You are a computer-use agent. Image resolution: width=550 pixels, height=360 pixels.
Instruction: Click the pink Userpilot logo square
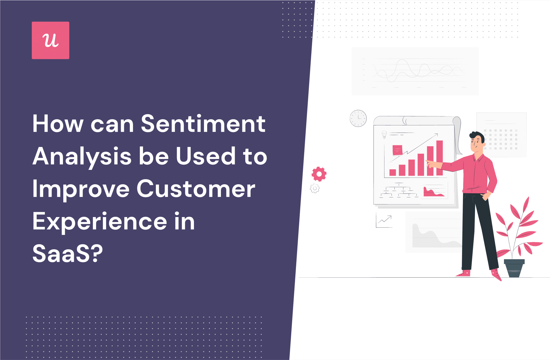coord(50,40)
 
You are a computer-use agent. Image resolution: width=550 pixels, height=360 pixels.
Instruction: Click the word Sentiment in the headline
coord(203,124)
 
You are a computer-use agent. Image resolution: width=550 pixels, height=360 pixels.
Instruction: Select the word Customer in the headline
coord(196,189)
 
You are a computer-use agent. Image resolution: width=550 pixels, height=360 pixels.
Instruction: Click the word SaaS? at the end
coord(68,253)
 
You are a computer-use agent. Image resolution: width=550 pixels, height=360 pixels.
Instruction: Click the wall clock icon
coord(358,118)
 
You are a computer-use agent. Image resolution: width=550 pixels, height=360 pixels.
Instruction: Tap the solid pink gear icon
coord(319,174)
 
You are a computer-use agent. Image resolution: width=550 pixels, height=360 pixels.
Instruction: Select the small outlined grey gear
coord(315,188)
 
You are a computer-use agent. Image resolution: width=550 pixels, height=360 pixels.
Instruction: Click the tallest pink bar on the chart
coord(440,158)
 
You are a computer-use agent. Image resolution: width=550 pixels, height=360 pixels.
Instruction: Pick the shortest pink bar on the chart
coord(393,172)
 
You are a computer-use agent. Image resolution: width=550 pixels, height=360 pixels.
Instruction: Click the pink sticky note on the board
coord(397,150)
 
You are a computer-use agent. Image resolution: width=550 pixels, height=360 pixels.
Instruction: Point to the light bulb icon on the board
coord(384,134)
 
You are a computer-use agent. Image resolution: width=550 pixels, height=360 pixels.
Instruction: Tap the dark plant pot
coord(514,268)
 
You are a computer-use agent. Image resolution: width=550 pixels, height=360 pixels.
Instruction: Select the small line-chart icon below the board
coord(384,220)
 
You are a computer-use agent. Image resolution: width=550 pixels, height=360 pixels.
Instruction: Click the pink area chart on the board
coord(434,192)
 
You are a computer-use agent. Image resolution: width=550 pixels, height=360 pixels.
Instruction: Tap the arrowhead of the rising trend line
coord(436,135)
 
